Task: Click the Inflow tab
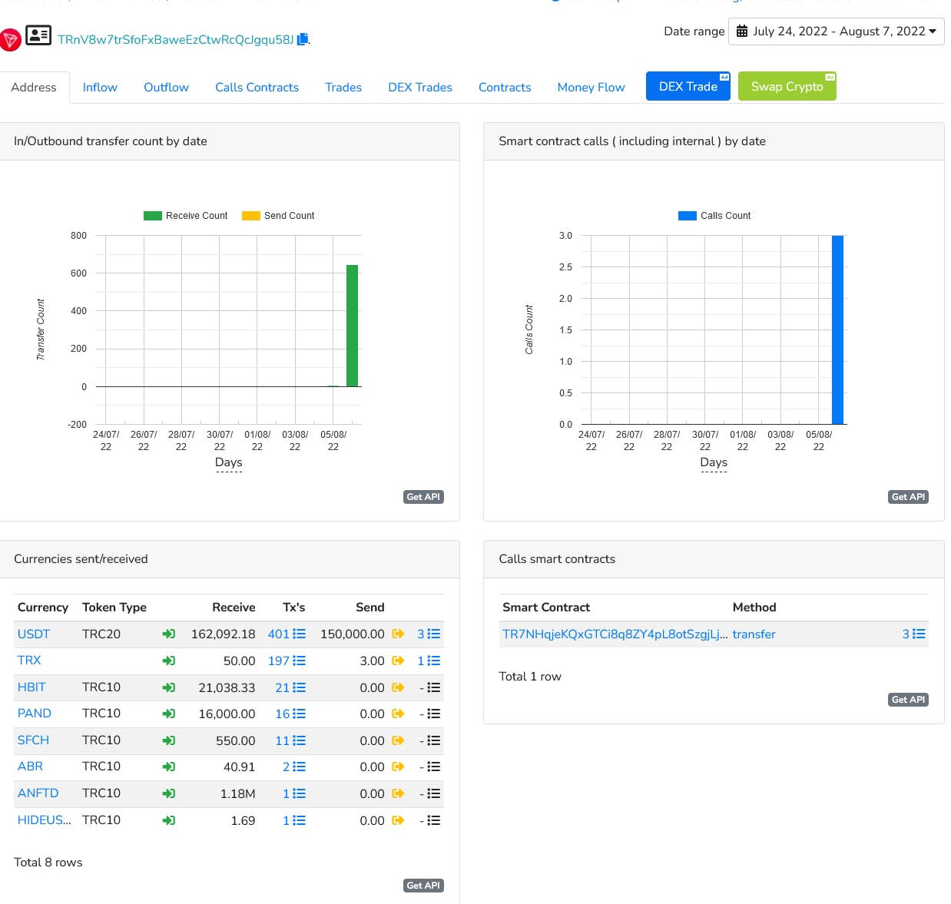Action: click(100, 88)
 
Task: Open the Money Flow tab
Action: click(591, 88)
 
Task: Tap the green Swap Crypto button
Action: click(787, 87)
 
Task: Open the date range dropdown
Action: click(836, 31)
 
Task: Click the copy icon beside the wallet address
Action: click(303, 39)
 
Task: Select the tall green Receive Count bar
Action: click(353, 326)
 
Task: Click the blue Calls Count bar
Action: click(837, 329)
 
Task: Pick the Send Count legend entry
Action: click(278, 216)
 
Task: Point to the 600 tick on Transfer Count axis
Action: click(79, 273)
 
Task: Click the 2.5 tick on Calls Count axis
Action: click(565, 267)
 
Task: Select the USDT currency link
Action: click(34, 634)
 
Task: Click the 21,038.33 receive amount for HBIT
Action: click(227, 687)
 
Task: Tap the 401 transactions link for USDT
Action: click(279, 634)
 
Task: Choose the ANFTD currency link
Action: click(38, 793)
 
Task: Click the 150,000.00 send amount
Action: click(353, 634)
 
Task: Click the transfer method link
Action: click(754, 634)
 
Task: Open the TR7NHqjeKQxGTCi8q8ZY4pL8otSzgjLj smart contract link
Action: click(615, 634)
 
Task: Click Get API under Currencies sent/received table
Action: click(423, 886)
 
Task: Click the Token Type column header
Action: click(114, 608)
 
